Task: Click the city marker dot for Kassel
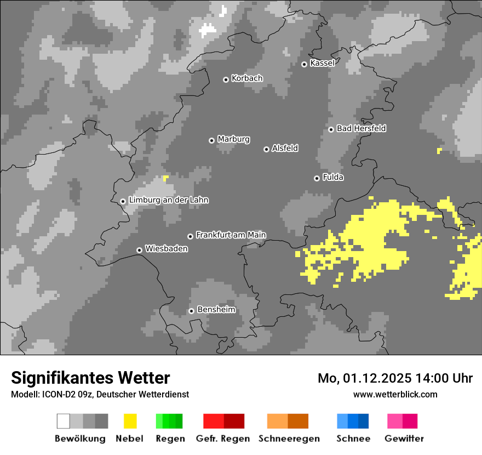tap(304, 64)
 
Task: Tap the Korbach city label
tap(247, 78)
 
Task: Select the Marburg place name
tap(233, 139)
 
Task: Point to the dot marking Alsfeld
tap(266, 149)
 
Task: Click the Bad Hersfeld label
tap(361, 128)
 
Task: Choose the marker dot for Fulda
tap(317, 178)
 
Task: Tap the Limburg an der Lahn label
tap(168, 200)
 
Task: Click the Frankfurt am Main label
tap(231, 235)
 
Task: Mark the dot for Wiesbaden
tap(139, 250)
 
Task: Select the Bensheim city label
tap(216, 310)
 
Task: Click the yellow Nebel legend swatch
tap(130, 421)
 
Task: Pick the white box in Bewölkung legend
tap(63, 421)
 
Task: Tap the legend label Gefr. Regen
tap(223, 439)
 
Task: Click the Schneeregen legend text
tap(289, 439)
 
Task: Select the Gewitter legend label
tap(404, 439)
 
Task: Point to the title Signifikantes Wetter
tap(90, 378)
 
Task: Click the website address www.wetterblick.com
tap(395, 394)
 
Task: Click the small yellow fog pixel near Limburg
tap(165, 178)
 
